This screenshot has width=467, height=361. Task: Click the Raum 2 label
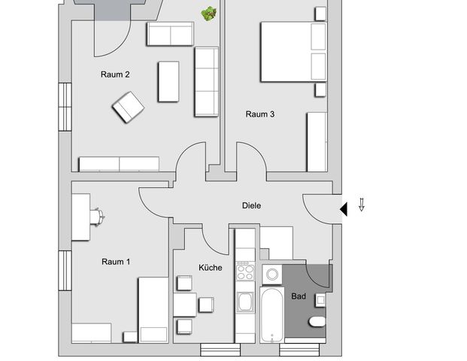116,74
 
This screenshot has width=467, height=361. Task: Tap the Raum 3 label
259,114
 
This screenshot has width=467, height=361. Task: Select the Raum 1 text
116,262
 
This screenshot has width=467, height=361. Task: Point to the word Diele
251,205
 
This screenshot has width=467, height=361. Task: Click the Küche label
210,267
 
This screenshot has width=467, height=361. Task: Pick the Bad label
299,296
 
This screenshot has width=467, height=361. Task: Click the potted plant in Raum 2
208,14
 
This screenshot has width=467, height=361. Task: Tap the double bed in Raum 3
293,51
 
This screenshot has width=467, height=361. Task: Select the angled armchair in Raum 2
129,108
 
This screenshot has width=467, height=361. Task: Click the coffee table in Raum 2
168,81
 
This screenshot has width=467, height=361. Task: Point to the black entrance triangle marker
343,208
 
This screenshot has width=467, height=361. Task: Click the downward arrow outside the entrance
361,205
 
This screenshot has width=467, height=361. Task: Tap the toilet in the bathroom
317,322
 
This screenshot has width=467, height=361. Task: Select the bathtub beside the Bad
271,314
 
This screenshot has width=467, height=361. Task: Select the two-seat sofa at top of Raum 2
170,34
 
